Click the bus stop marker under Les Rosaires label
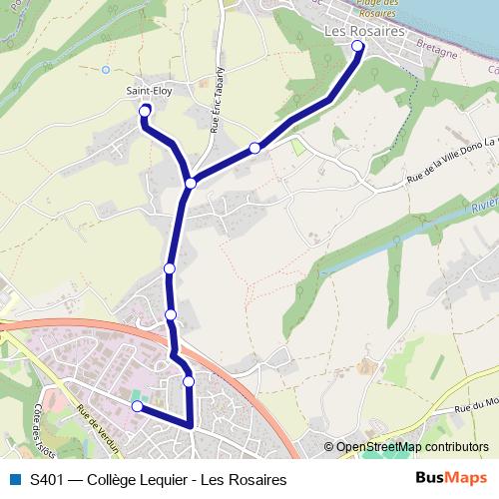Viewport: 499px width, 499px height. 357,46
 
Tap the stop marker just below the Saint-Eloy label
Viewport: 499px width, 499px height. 146,110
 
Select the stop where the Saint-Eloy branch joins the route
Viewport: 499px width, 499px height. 190,182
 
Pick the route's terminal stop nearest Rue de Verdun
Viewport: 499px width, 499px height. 138,406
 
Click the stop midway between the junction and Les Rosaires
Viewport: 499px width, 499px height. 254,148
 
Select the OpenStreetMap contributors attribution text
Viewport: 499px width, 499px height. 412,447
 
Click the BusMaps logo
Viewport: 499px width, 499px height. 451,478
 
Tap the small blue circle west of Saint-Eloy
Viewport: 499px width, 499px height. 106,70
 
